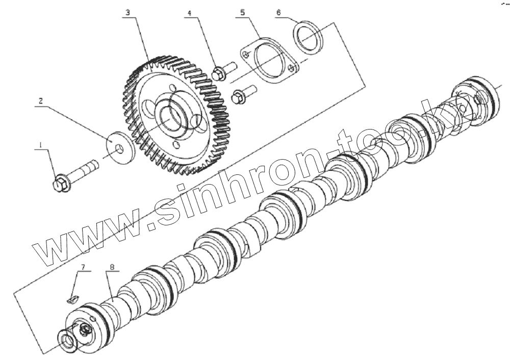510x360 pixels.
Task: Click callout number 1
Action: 39,145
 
